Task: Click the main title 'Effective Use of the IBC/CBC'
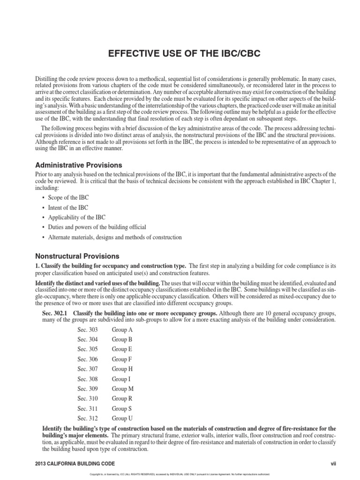coord(180,53)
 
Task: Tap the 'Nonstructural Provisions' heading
coord(78,256)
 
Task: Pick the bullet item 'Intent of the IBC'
coord(68,207)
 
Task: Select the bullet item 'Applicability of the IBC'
coord(77,217)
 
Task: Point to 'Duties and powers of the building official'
coord(97,227)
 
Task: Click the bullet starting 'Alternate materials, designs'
coord(115,237)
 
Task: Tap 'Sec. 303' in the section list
coord(88,330)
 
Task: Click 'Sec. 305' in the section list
coord(88,349)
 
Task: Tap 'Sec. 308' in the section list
coord(88,379)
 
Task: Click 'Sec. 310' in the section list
coord(88,398)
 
